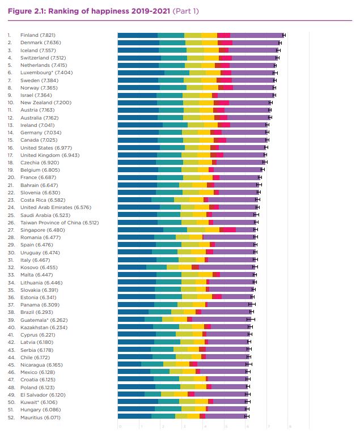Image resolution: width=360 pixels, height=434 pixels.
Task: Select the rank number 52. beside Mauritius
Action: [x=10, y=416]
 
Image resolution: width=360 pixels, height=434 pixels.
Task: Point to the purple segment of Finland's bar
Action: [x=256, y=35]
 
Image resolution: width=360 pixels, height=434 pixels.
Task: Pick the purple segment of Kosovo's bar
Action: [x=227, y=267]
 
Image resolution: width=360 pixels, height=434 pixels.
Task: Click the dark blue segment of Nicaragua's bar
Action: [x=129, y=364]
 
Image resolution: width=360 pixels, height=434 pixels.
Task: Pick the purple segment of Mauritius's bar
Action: [x=226, y=416]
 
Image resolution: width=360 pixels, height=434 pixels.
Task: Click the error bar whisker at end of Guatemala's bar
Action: [x=248, y=320]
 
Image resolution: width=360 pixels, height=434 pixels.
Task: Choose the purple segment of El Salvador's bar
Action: [x=221, y=394]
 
